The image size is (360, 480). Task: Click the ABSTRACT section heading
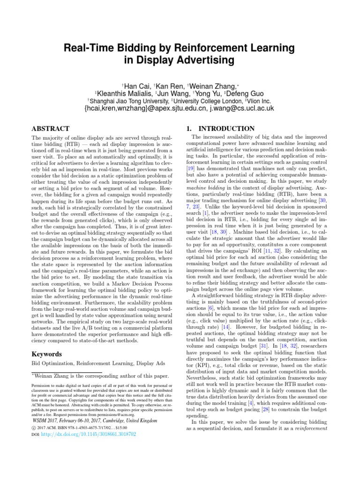tap(50, 128)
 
